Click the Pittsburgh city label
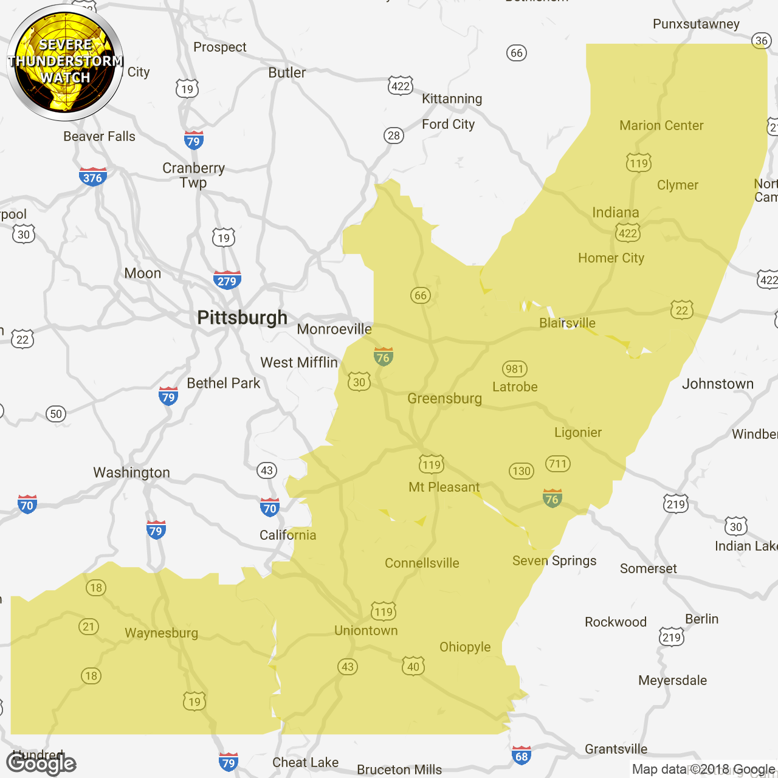(x=242, y=318)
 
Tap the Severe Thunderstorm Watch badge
(x=65, y=62)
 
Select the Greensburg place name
(x=444, y=399)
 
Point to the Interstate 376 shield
(x=92, y=177)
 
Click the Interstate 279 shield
(x=227, y=280)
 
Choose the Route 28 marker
(x=394, y=136)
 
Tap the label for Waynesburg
(x=161, y=633)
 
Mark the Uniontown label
(x=366, y=631)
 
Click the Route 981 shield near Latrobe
(x=514, y=369)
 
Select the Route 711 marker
(x=557, y=464)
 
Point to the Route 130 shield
(x=522, y=471)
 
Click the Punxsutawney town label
(x=696, y=24)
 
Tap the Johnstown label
(x=717, y=384)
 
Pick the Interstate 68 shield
(x=522, y=755)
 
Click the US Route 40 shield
(x=413, y=666)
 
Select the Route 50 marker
(x=56, y=415)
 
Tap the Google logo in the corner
(x=41, y=763)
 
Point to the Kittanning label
(x=452, y=99)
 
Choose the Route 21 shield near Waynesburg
(x=89, y=627)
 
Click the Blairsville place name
(x=567, y=323)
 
